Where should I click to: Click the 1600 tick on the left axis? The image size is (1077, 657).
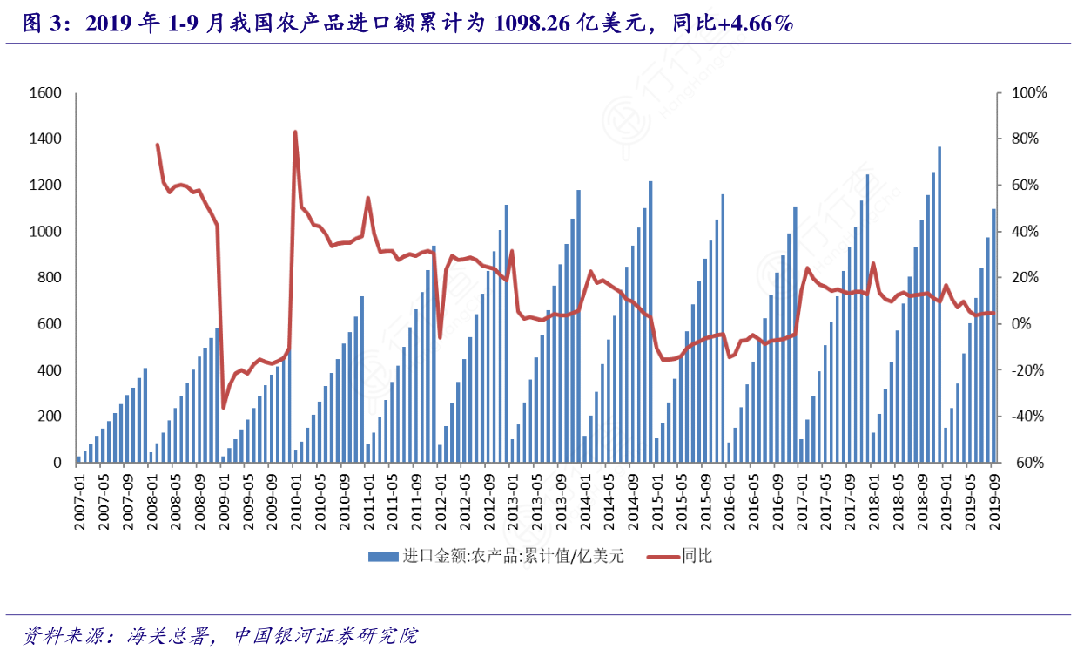point(44,93)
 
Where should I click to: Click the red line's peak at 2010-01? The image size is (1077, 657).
point(295,132)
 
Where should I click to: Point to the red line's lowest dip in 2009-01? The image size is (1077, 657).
point(223,407)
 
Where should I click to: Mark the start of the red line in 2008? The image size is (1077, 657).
point(158,145)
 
